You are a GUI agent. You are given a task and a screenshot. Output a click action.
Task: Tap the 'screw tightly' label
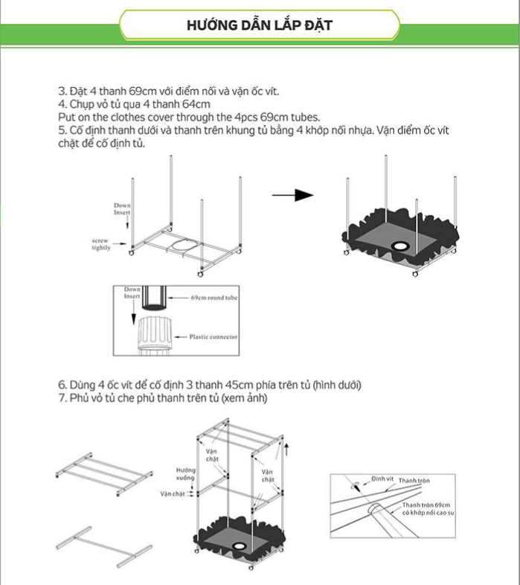click(x=101, y=244)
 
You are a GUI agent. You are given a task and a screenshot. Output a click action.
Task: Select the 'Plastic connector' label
click(x=213, y=337)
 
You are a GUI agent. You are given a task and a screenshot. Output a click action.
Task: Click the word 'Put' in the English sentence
click(x=67, y=117)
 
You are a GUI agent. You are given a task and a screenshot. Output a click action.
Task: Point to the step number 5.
click(x=62, y=130)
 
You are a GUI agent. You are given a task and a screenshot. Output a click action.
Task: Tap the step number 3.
click(x=62, y=92)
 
